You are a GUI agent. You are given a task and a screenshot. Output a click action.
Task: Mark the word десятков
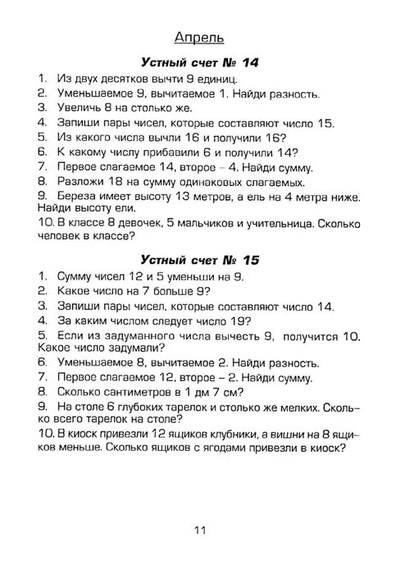click(x=126, y=78)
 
